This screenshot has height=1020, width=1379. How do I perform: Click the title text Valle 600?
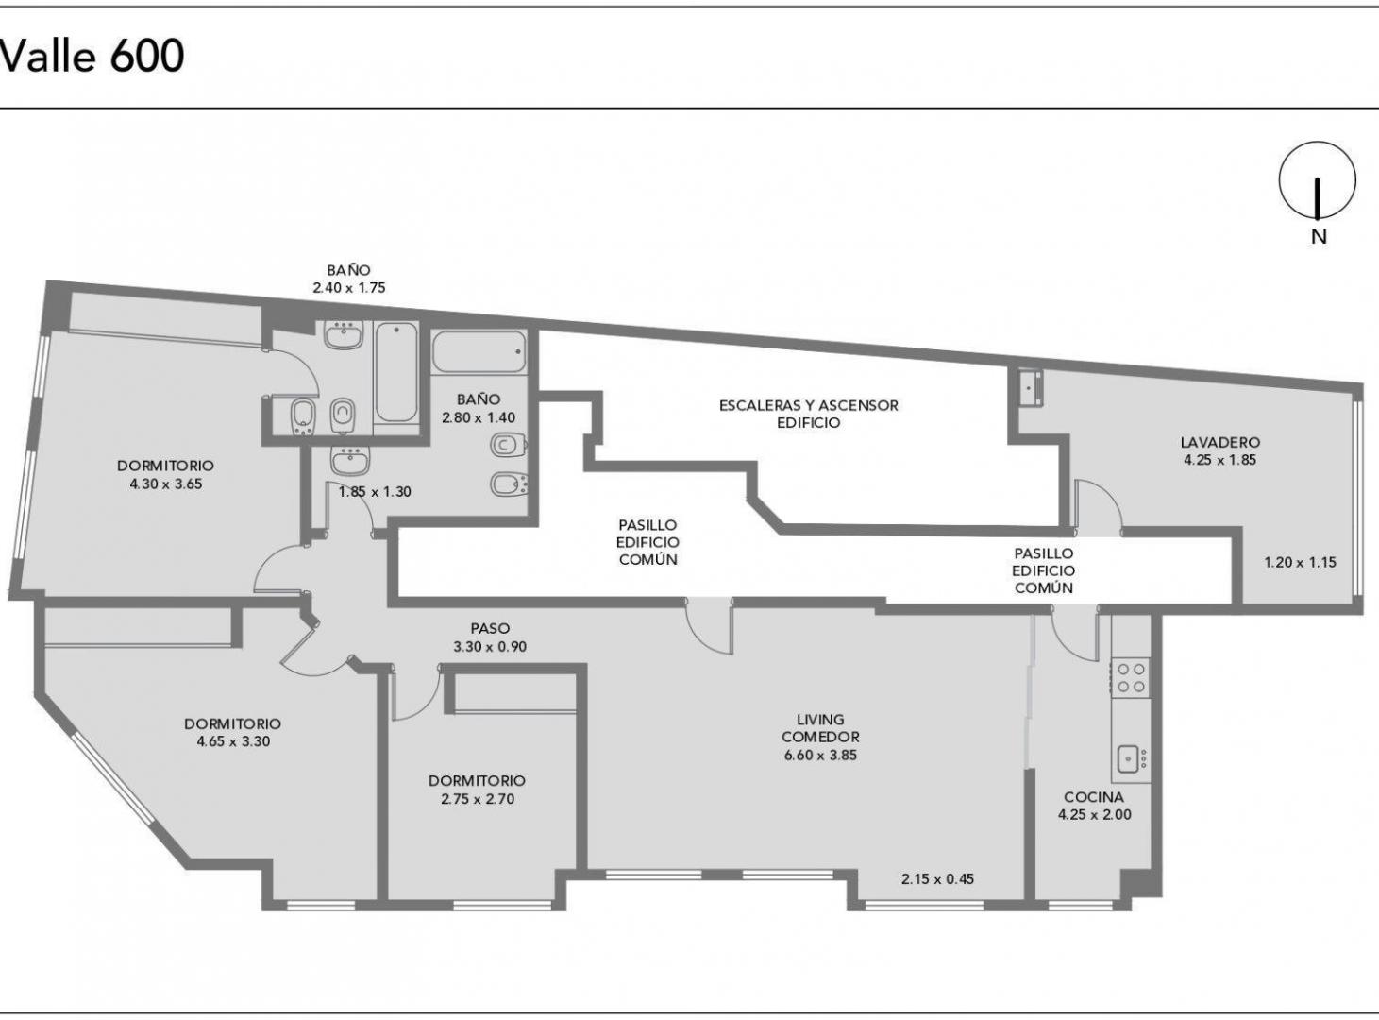click(92, 57)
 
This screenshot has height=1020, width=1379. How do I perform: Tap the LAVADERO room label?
click(1219, 442)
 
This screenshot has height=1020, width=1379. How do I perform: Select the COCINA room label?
click(1094, 797)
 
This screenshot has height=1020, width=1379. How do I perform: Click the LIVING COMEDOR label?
click(819, 728)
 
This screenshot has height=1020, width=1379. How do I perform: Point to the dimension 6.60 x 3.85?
click(819, 756)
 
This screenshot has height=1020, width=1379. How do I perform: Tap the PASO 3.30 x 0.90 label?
click(489, 637)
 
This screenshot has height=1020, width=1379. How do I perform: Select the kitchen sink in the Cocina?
click(1130, 758)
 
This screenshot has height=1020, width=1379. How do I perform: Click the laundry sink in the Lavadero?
click(1030, 388)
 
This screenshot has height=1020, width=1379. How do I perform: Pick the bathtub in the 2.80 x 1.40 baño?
click(479, 352)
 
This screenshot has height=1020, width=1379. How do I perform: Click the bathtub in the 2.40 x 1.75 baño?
click(395, 372)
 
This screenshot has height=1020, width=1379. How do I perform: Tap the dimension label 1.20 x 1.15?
click(1300, 563)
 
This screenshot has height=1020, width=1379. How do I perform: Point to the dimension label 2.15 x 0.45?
click(936, 879)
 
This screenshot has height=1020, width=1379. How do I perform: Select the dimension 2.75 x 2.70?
click(477, 799)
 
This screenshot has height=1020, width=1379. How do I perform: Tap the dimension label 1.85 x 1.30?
click(375, 492)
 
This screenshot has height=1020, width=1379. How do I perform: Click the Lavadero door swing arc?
click(1098, 501)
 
